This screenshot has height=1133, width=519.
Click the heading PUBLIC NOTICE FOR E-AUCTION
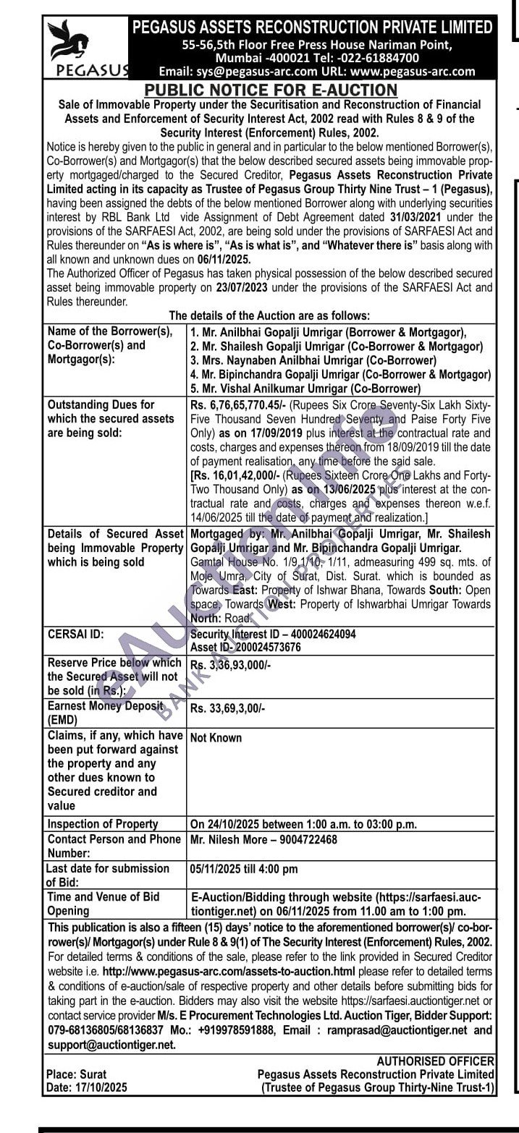click(x=271, y=90)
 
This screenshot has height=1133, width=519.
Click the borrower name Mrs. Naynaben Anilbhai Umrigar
click(x=312, y=360)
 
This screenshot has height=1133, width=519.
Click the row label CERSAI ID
click(x=75, y=634)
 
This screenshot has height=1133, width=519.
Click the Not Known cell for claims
click(x=216, y=738)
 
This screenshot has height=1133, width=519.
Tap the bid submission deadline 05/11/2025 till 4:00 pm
click(x=243, y=868)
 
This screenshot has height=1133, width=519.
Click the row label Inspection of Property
click(x=102, y=824)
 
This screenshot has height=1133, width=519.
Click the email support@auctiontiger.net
click(x=111, y=1045)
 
